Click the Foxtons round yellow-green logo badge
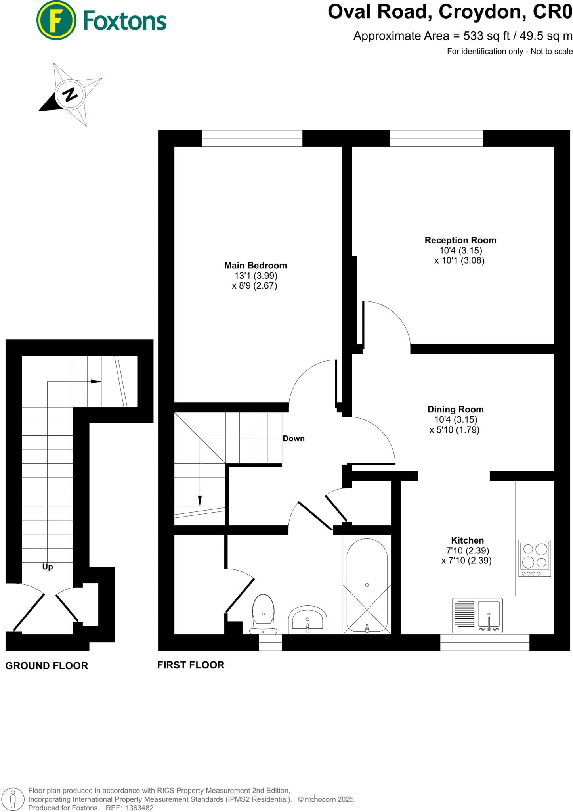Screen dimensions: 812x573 pos(56,20)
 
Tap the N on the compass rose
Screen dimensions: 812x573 pos(70,95)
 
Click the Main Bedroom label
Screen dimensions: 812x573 pos(255,265)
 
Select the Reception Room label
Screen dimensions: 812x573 pos(460,240)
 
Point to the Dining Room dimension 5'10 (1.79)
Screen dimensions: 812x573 pos(454,430)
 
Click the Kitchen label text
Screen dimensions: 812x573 pos(467,540)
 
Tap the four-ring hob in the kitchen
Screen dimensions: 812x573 pos(535,558)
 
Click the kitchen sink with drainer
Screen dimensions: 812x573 pos(477,615)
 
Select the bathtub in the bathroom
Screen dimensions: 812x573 pos(367,585)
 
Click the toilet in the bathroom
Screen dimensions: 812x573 pos(263,613)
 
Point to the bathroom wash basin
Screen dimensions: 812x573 pos(308,620)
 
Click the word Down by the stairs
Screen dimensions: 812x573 pos(293,439)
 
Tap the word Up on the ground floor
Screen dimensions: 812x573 pos(48,567)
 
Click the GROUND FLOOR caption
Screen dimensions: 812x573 pos(46,666)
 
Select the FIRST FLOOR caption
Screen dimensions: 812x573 pos(191,665)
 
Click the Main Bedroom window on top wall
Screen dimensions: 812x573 pos(252,138)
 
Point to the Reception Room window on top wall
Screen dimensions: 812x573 pos(436,138)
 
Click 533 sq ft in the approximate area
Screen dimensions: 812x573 pos(486,36)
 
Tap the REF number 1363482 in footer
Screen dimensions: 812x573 pos(139,808)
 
